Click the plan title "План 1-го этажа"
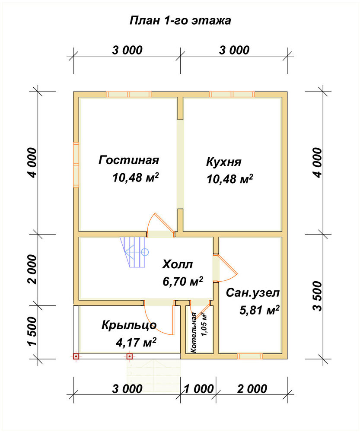click(180, 21)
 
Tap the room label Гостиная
click(129, 160)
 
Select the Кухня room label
click(223, 162)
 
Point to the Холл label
click(177, 264)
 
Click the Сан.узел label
click(253, 293)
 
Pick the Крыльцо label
click(129, 325)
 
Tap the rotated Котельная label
click(194, 333)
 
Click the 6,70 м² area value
click(183, 281)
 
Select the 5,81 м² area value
click(259, 310)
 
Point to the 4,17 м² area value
click(136, 343)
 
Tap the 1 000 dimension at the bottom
click(198, 389)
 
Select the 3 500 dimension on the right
click(318, 296)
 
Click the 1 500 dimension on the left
click(32, 331)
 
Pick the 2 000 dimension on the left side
click(32, 269)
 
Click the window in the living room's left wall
click(76, 165)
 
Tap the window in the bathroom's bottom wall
click(250, 356)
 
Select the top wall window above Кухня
click(232, 95)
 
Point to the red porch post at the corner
click(76, 356)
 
